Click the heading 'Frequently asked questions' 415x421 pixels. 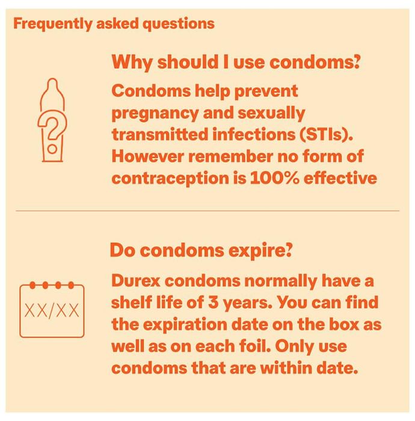pos(114,24)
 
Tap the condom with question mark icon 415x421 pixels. pos(52,120)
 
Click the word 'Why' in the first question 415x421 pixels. pos(132,63)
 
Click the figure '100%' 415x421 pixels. pos(275,178)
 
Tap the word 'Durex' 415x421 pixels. pos(135,281)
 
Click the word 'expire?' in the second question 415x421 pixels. pos(260,250)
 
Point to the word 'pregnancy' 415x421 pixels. pos(155,114)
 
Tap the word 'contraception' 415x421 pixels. pos(170,178)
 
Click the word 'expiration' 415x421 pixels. pos(185,325)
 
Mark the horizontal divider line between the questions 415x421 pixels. pos(207,210)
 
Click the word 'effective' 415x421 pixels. pos(340,177)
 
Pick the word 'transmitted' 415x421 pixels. pos(160,134)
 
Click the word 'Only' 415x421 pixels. pos(294,346)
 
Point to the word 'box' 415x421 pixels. pos(344,324)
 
